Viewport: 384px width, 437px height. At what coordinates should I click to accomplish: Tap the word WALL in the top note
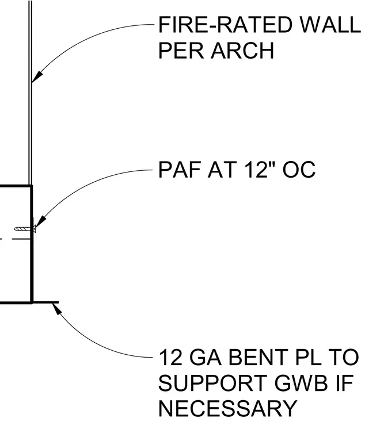click(330, 25)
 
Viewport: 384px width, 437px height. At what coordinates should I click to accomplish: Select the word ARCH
click(242, 51)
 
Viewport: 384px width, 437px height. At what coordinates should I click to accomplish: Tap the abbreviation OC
click(299, 170)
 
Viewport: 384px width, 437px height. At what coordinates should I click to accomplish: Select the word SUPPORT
click(212, 383)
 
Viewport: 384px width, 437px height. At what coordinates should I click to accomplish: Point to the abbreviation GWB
click(302, 383)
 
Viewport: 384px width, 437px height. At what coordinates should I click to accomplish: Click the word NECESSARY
click(227, 408)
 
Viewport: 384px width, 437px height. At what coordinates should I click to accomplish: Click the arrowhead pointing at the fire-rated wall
click(37, 76)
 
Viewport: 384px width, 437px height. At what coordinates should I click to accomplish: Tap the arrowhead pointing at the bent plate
click(56, 309)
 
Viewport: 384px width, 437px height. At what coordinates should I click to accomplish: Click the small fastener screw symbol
click(25, 229)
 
